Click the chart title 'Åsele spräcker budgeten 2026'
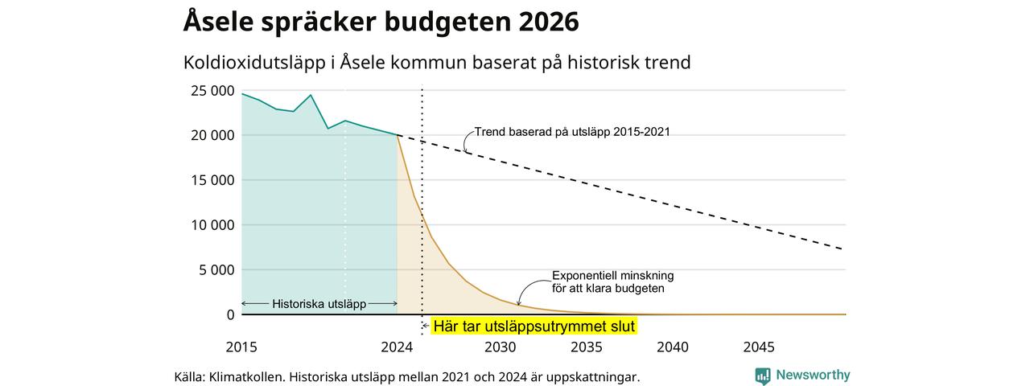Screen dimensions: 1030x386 (381, 22)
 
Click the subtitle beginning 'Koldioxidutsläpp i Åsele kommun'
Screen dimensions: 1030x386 (437, 63)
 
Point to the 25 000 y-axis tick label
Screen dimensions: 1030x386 (212, 91)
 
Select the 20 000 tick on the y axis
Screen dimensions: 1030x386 (212, 136)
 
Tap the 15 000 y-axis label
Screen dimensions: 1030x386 (212, 180)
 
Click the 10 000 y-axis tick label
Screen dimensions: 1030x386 (212, 225)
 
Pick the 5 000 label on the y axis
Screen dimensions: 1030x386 (216, 270)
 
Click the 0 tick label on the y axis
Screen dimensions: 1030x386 (230, 314)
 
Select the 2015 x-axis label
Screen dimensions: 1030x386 (241, 347)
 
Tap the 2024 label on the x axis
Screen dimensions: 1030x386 (397, 347)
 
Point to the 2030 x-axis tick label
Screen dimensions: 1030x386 (501, 347)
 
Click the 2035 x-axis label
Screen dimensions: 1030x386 (587, 347)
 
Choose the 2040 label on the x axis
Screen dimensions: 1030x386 (673, 347)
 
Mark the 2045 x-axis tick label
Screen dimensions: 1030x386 (759, 347)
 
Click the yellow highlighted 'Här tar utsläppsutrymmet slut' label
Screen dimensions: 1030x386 (534, 326)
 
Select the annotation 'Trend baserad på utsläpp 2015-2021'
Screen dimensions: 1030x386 (572, 132)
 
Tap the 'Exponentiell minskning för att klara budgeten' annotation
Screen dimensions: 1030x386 (612, 282)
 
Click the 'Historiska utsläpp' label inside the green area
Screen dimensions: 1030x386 (319, 304)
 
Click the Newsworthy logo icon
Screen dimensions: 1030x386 (763, 376)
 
